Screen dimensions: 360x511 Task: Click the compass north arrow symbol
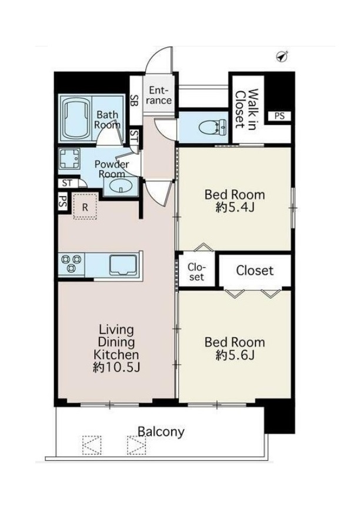click(282, 57)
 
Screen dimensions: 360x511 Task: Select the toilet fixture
click(211, 127)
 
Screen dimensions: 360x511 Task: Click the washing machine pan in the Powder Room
click(69, 159)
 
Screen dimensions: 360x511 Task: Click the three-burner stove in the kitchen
click(71, 263)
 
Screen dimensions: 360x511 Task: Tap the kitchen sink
click(123, 265)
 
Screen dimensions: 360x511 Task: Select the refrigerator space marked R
click(85, 206)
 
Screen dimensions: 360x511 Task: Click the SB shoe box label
click(134, 99)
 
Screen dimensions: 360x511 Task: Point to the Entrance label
click(159, 95)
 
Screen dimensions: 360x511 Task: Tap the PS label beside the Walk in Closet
click(279, 116)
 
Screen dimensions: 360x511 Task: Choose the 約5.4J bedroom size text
click(235, 207)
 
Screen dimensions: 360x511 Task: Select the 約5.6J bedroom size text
click(235, 355)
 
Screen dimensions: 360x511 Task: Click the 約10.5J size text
click(116, 367)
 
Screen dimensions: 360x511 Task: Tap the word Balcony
click(161, 432)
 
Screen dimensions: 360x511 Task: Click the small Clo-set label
click(196, 272)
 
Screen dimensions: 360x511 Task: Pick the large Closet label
click(255, 270)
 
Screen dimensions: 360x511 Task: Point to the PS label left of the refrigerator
click(62, 202)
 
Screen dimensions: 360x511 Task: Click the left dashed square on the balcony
click(92, 445)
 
